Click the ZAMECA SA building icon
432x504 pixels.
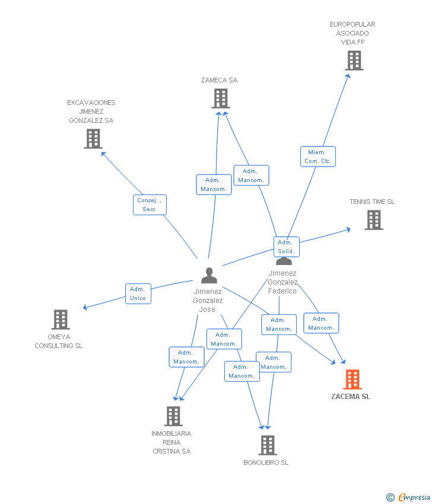point(220,98)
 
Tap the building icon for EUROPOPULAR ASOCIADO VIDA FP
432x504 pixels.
point(354,60)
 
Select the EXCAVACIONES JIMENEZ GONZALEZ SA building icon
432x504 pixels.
point(93,139)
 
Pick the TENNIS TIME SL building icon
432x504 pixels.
point(373,220)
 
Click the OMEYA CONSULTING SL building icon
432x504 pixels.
point(60,320)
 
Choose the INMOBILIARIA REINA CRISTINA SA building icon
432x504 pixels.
point(173,416)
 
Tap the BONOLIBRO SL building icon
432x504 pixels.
point(268,445)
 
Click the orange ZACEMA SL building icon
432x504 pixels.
point(352,379)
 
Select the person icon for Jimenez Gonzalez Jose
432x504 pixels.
point(209,276)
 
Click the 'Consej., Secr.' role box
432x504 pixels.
point(150,205)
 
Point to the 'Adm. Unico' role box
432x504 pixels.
point(138,294)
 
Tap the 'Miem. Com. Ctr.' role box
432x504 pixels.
point(317,157)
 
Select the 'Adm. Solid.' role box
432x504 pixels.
point(286,247)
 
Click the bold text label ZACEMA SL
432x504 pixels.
point(351,397)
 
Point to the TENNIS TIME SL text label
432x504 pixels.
point(372,202)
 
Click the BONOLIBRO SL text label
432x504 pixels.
point(266,462)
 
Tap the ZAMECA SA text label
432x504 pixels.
point(219,80)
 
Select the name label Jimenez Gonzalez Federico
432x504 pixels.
point(282,282)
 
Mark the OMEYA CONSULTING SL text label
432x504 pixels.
point(59,342)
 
